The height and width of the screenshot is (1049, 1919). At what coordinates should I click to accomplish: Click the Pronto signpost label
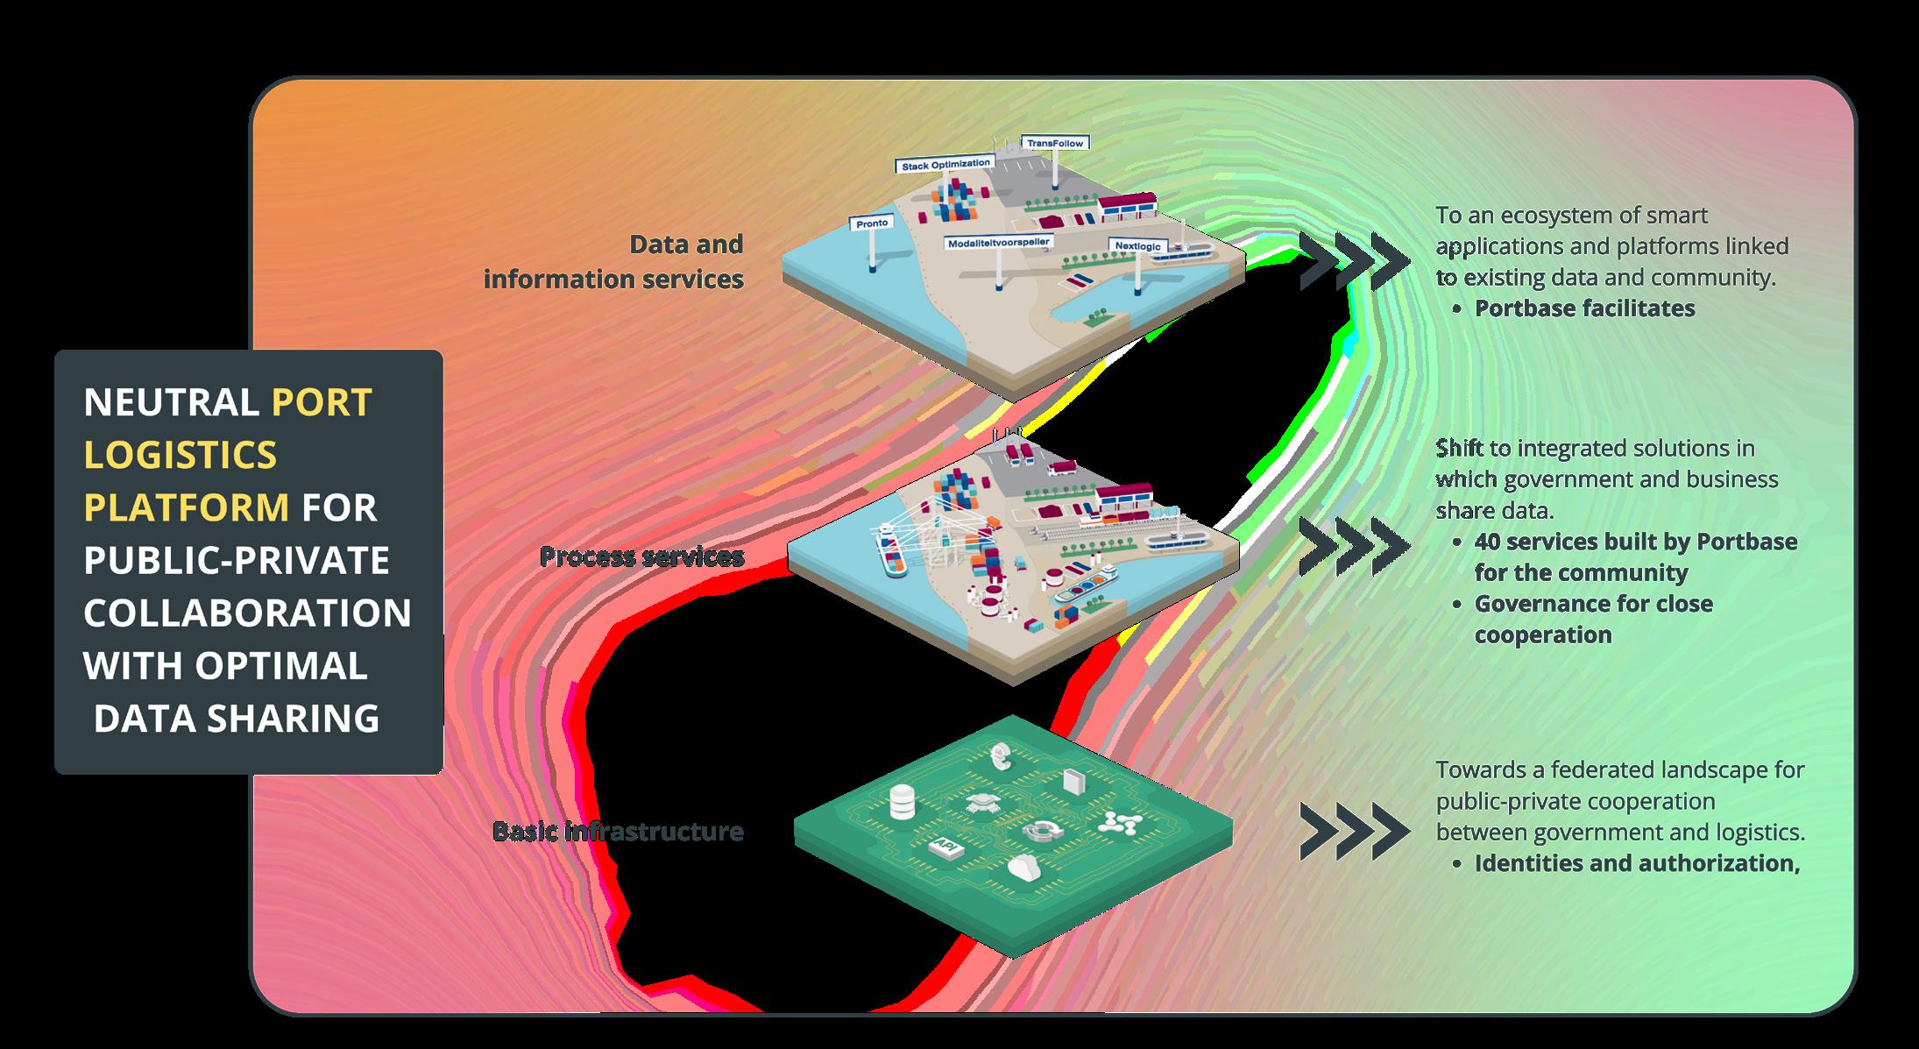(x=872, y=223)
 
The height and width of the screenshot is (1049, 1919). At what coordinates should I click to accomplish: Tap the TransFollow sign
(x=1055, y=143)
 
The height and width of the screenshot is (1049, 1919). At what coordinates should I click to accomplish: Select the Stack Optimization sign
(x=945, y=164)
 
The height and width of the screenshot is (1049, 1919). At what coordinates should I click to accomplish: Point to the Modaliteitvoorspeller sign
(x=998, y=241)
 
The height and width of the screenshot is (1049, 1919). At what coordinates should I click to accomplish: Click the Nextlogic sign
(x=1138, y=246)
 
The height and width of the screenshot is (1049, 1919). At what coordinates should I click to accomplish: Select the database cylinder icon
(x=902, y=802)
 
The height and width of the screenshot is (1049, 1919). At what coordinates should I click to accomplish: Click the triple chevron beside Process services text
(x=1355, y=545)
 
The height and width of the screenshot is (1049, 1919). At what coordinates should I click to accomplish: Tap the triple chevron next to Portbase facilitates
(x=1355, y=261)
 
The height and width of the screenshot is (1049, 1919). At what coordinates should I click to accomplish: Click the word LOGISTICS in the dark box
(x=181, y=455)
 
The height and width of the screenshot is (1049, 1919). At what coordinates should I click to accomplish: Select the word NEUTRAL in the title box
(x=170, y=402)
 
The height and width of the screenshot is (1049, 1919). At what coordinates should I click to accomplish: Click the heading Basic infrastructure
(x=618, y=831)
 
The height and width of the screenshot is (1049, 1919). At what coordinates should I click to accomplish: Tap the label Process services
(x=641, y=556)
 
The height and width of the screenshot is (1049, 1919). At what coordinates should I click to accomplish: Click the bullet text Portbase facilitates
(x=1584, y=308)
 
